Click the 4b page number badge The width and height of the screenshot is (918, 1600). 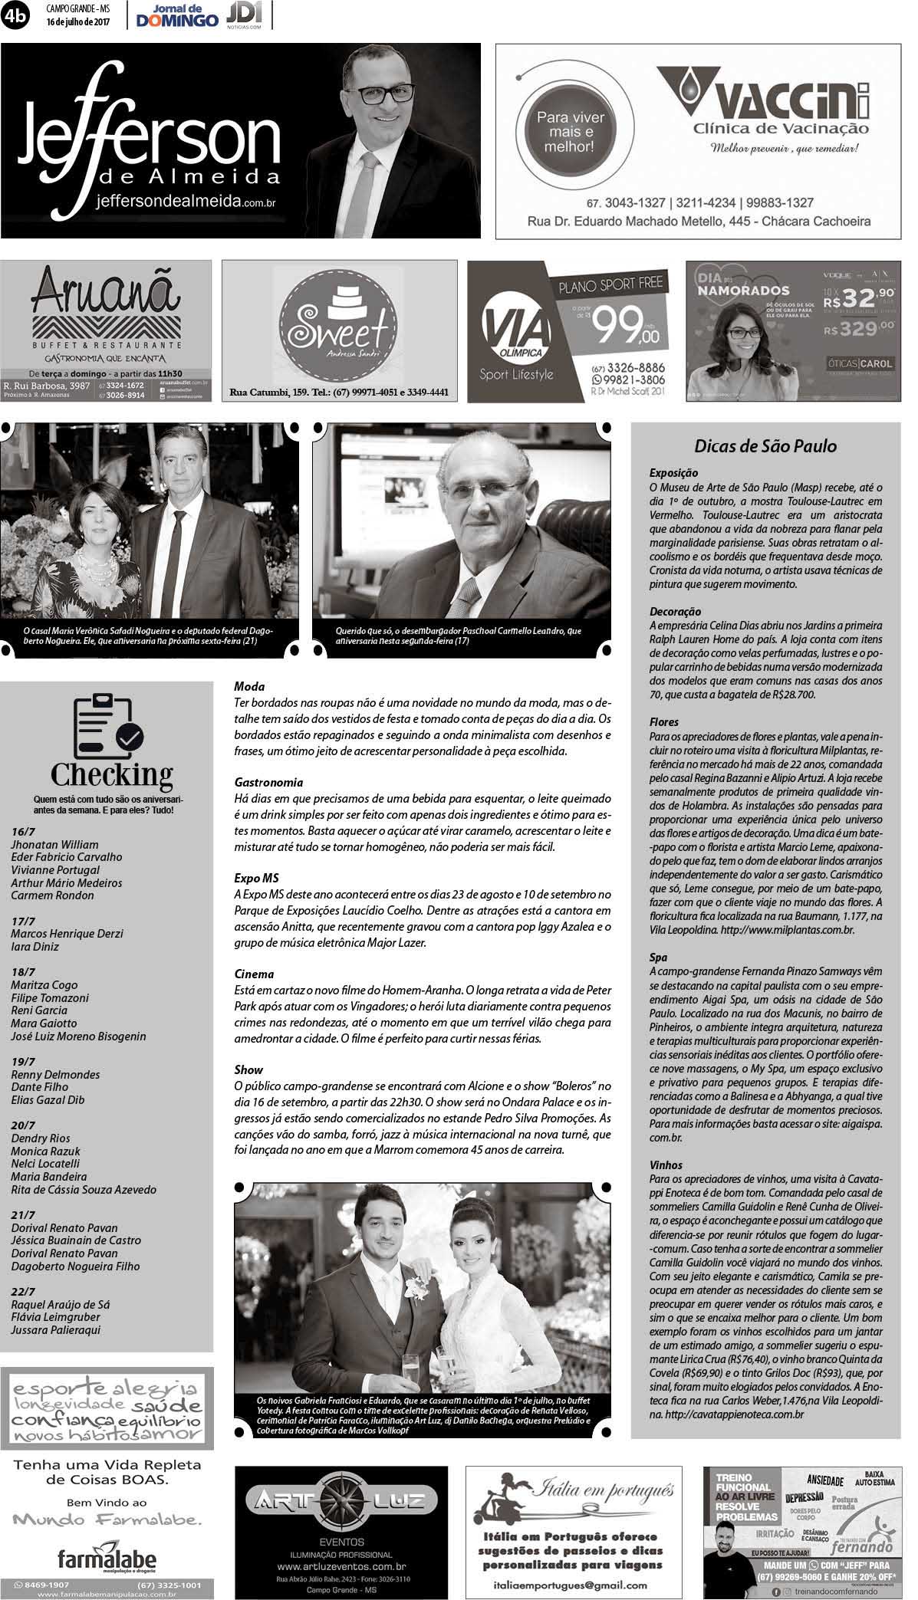coord(15,16)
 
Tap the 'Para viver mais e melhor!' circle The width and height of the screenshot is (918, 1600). coord(570,131)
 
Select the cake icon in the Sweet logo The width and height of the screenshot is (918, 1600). coord(340,301)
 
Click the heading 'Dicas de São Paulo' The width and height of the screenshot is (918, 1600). coord(765,446)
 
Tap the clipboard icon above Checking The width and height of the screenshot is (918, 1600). coord(107,725)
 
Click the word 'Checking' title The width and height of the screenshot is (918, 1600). coord(111,774)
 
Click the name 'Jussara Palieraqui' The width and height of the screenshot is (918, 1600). coord(55,1330)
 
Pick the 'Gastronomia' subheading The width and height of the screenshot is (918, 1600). coord(268,782)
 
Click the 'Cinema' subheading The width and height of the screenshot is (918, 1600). coord(254,974)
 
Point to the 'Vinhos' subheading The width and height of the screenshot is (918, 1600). coord(666,1165)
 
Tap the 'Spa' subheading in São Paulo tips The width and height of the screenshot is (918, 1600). coord(658,957)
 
